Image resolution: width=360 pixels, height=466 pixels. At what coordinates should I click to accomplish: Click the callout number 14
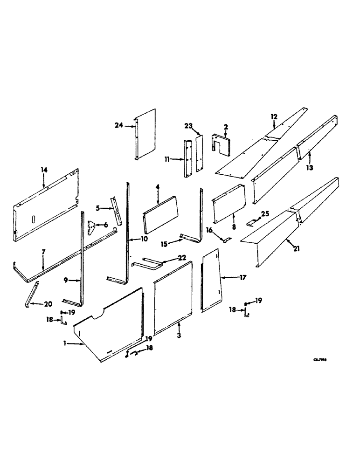coord(44,170)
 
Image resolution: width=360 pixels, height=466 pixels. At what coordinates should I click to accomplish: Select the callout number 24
coord(118,124)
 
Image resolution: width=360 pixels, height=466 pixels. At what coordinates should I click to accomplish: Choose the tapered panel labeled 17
coord(211,280)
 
